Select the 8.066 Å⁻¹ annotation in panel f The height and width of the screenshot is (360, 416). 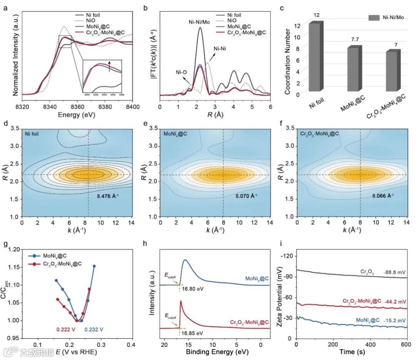pyautogui.click(x=382, y=196)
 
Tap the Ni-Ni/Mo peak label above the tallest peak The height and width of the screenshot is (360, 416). pyautogui.click(x=200, y=22)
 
